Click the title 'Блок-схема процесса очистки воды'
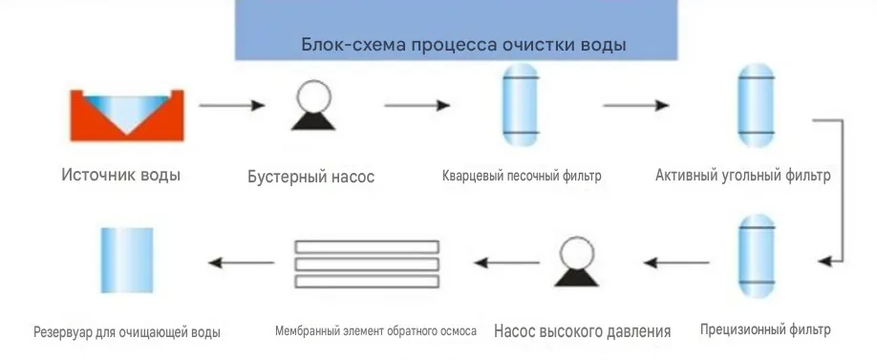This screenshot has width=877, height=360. click(x=463, y=44)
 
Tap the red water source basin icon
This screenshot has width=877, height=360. click(x=127, y=115)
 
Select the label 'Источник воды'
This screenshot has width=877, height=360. click(x=120, y=175)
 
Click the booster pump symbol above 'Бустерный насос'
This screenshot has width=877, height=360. click(x=313, y=105)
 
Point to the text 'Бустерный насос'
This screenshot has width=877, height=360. click(x=311, y=177)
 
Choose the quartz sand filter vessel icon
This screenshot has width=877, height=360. click(x=520, y=104)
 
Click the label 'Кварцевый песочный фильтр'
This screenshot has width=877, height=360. click(x=522, y=176)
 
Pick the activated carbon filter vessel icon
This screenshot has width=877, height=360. click(x=757, y=105)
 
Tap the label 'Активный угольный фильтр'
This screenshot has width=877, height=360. click(x=743, y=176)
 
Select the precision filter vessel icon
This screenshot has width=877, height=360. click(x=757, y=255)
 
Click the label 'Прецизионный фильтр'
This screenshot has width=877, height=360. click(x=765, y=329)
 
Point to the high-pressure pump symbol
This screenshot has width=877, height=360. click(x=577, y=262)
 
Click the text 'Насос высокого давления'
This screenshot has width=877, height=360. click(x=582, y=331)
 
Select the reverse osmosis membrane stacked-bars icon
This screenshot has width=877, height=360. click(x=367, y=264)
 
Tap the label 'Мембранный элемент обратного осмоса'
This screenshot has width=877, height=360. click(x=375, y=331)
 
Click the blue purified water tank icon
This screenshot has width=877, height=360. click(x=126, y=260)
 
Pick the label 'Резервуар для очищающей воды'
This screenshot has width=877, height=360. click(x=127, y=332)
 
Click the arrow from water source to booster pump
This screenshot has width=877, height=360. click(x=232, y=105)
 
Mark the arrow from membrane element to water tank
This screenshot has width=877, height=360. click(x=241, y=263)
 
